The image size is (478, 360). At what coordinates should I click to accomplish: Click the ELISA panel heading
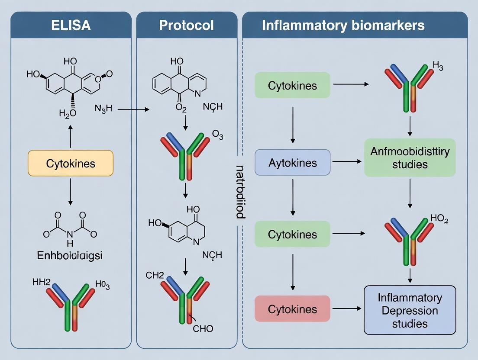(x=71, y=25)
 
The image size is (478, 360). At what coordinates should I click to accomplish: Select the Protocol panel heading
(x=187, y=25)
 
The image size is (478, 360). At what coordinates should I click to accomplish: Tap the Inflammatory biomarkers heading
(x=343, y=25)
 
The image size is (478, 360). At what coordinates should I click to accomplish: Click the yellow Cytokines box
(x=71, y=163)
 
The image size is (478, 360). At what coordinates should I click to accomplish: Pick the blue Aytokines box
(x=292, y=163)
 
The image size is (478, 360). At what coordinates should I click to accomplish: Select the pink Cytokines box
(x=292, y=309)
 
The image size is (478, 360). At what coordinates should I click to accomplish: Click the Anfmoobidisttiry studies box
(x=410, y=158)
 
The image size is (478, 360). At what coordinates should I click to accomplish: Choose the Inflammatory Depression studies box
(x=410, y=310)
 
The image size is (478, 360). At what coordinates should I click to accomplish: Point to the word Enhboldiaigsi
(x=70, y=255)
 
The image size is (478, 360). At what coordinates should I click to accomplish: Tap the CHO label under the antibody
(x=203, y=329)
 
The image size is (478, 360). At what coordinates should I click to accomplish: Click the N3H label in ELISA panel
(x=103, y=109)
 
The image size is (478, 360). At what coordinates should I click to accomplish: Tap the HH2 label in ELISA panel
(x=42, y=283)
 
